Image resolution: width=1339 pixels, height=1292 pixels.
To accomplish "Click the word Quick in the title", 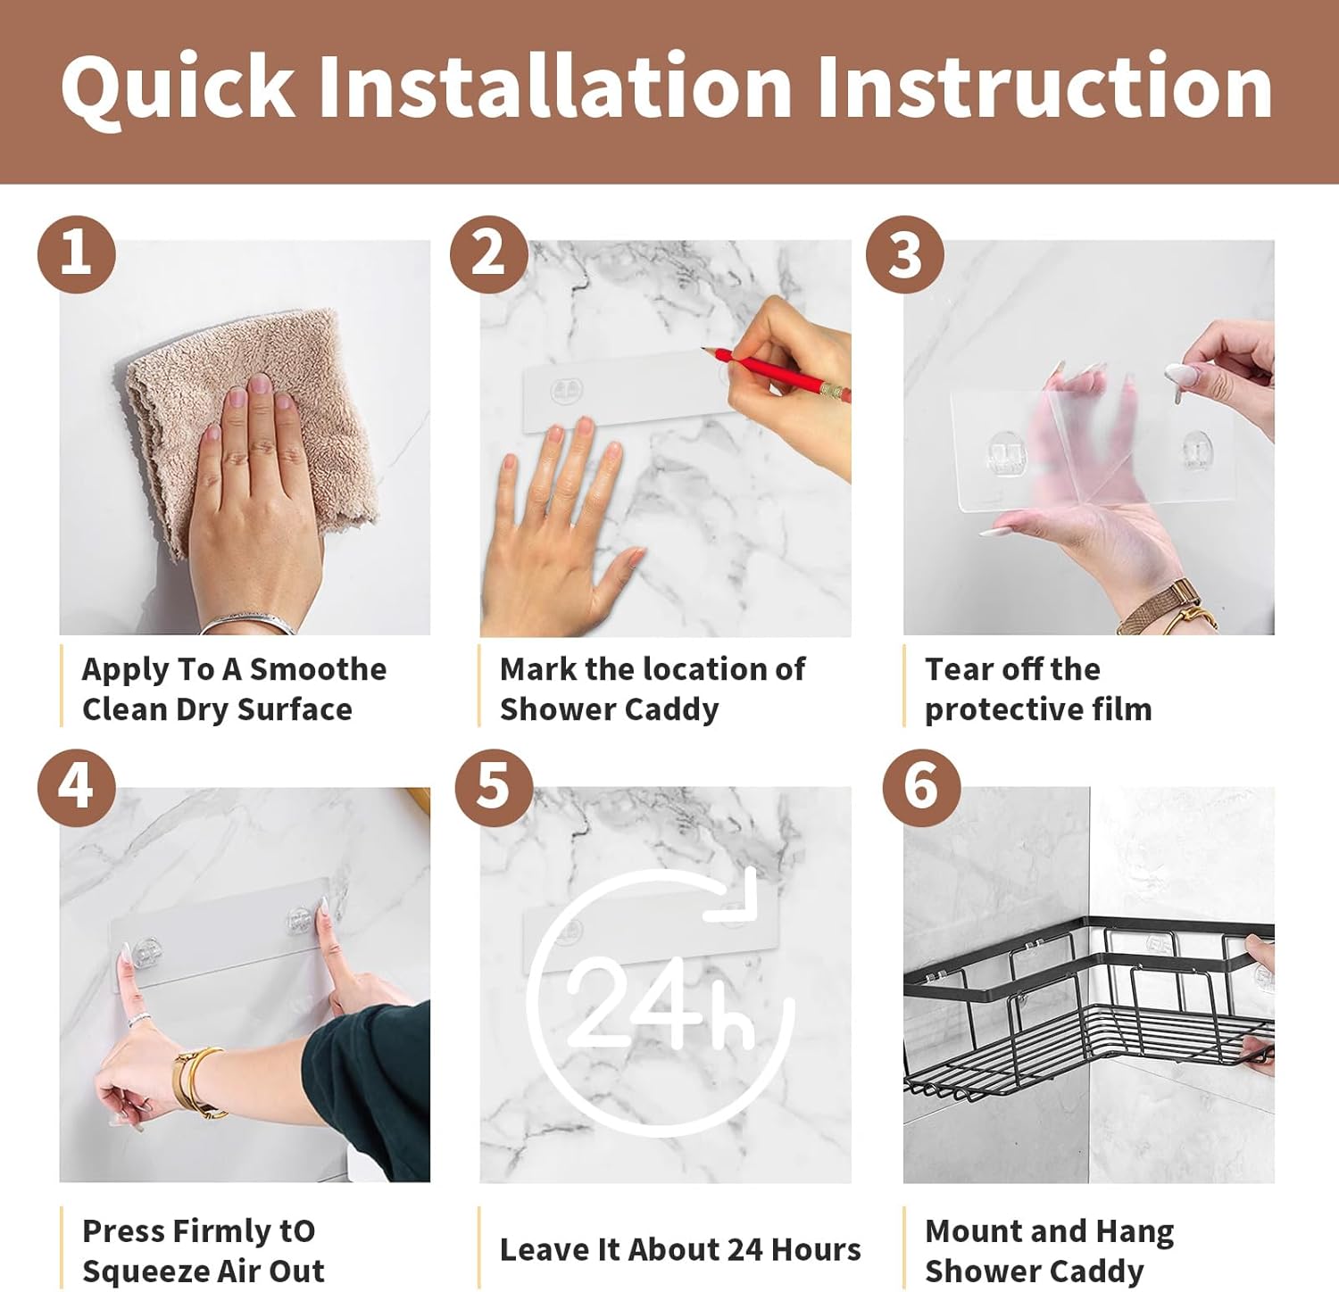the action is [x=177, y=87].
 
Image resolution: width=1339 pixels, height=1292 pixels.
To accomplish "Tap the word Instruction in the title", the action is [x=1044, y=86].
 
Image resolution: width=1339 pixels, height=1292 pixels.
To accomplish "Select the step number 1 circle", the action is [x=77, y=253].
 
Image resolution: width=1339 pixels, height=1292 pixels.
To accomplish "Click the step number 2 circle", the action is [x=488, y=254].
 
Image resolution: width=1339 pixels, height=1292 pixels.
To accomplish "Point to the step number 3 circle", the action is [x=905, y=254].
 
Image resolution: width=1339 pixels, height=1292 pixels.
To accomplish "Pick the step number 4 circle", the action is [x=77, y=787].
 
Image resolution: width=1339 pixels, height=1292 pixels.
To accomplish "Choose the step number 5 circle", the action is [x=494, y=787].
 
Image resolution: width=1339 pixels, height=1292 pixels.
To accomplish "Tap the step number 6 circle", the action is [x=921, y=787].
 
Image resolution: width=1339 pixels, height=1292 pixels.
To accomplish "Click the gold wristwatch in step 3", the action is [x=1166, y=608].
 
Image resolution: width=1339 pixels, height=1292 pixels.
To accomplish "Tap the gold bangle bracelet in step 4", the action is [x=198, y=1081].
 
